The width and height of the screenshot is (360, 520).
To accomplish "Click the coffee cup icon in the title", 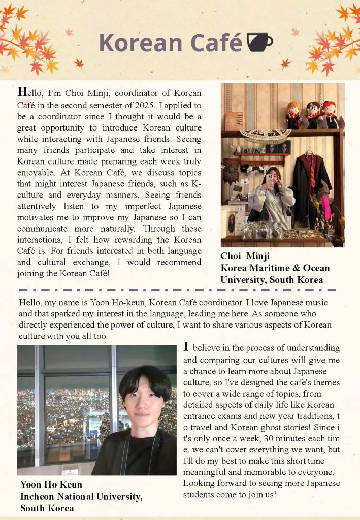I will [259, 42].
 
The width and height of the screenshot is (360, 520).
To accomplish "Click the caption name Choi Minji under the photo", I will [245, 256].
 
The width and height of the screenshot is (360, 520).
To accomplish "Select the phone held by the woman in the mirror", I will [269, 179].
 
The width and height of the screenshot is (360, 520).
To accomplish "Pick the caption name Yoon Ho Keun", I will [51, 484].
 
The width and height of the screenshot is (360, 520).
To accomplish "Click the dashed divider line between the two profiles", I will [180, 290].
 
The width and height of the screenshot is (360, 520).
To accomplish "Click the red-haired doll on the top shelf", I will [330, 114].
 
